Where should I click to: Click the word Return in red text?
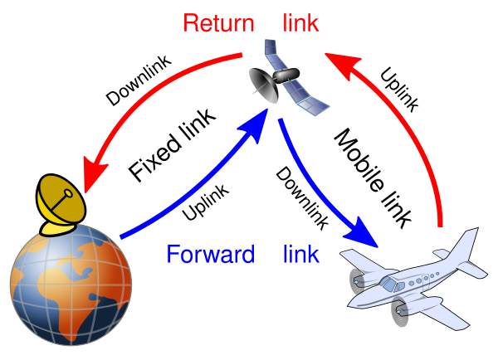point(218,22)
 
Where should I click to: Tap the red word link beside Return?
point(300,22)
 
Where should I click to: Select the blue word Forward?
point(210,253)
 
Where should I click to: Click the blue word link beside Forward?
point(300,253)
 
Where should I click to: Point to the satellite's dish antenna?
point(264,86)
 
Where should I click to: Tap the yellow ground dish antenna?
point(60,202)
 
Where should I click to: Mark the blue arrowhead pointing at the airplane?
point(365,233)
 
